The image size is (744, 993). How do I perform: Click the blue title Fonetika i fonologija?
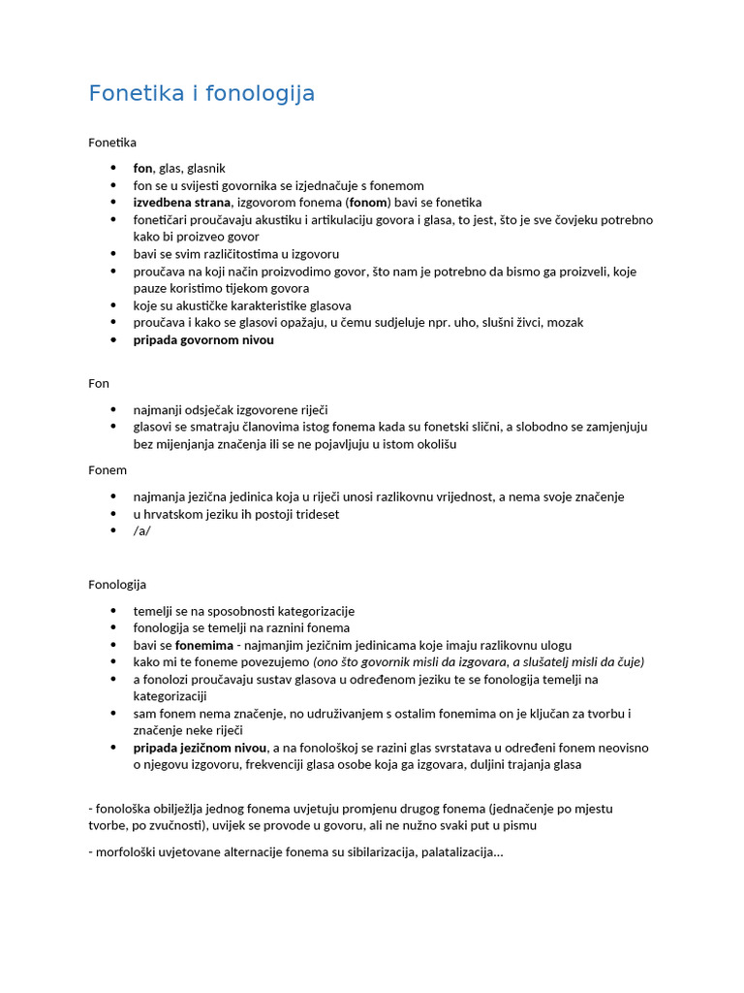click(x=201, y=94)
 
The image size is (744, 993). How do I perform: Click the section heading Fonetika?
click(x=112, y=143)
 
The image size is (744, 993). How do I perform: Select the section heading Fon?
click(x=99, y=383)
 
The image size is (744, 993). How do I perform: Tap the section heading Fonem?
click(x=108, y=469)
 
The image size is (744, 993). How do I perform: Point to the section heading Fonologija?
click(x=117, y=585)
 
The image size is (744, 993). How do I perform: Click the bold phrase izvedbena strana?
click(x=182, y=203)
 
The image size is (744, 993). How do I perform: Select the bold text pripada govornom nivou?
click(x=203, y=340)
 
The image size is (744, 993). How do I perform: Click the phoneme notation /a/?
click(x=142, y=531)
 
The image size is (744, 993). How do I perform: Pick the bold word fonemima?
click(x=203, y=645)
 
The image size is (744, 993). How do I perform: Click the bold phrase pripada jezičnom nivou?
click(x=201, y=748)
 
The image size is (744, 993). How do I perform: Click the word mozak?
click(x=564, y=322)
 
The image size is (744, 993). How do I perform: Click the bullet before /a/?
click(x=113, y=531)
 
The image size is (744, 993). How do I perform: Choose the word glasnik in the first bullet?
click(x=206, y=168)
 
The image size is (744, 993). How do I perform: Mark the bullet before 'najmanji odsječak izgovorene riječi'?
click(x=113, y=410)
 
